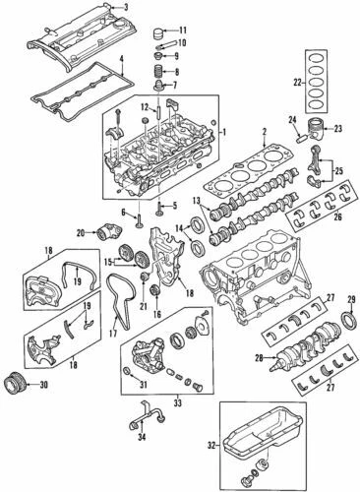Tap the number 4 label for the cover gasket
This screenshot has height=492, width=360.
tap(122, 60)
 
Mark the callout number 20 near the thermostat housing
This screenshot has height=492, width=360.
tap(81, 233)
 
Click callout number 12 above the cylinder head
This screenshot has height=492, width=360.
tap(144, 106)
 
